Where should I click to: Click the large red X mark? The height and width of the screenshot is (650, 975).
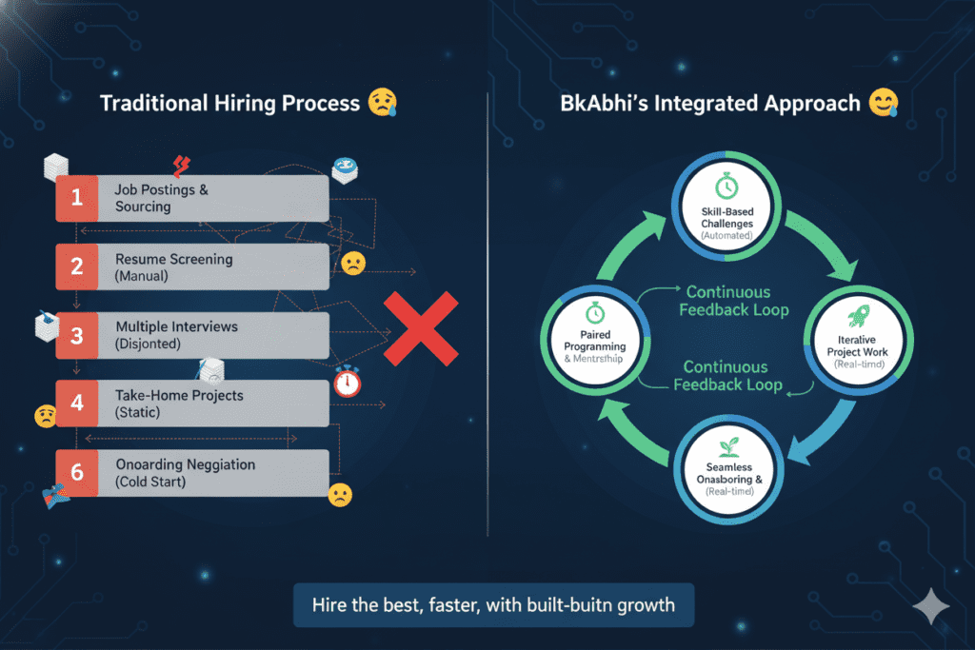(421, 328)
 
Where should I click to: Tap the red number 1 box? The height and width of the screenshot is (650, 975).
(76, 198)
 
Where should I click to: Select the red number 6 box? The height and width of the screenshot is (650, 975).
(76, 473)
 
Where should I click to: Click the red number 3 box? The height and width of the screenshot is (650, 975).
(76, 335)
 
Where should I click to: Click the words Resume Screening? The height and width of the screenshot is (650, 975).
(173, 259)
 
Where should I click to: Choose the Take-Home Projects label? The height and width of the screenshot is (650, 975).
(179, 395)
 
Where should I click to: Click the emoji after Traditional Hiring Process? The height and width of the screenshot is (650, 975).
(382, 104)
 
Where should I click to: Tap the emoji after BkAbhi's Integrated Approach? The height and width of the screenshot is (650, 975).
(884, 104)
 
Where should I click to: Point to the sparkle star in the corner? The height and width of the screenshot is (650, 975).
(928, 606)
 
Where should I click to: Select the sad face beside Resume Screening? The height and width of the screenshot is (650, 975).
(351, 264)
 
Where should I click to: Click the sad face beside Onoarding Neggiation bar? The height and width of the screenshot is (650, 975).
(339, 494)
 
